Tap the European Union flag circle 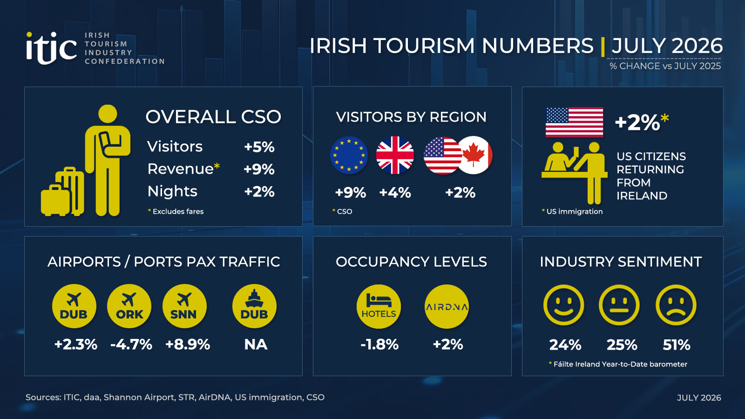click(349, 155)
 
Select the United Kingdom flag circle click(395, 155)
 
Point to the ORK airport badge click(129, 306)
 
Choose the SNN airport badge click(184, 306)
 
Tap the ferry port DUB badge click(254, 306)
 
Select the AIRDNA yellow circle click(447, 306)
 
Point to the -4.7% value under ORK click(131, 345)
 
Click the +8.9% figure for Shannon click(188, 345)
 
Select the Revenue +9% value click(259, 169)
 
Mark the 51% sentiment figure click(676, 345)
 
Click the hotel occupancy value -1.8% click(379, 345)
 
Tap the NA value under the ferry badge click(256, 345)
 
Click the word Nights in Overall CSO click(172, 191)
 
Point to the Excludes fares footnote click(176, 211)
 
